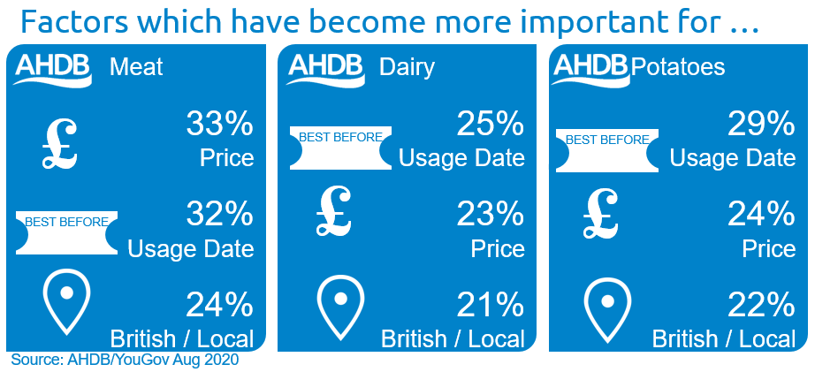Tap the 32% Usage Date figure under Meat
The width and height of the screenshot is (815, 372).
(219, 215)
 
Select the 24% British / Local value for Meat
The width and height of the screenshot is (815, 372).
(219, 305)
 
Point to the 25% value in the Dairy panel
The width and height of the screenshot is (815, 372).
(490, 125)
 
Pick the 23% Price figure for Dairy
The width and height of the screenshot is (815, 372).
(490, 215)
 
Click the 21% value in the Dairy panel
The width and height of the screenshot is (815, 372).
(490, 305)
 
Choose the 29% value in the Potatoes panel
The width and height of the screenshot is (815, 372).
(761, 125)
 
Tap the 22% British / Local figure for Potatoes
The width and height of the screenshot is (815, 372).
(761, 305)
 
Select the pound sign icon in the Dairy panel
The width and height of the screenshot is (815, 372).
(333, 211)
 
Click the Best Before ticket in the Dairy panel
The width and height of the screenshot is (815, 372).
(340, 148)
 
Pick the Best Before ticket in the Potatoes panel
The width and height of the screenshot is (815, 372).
(607, 150)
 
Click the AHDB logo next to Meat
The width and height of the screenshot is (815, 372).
(52, 69)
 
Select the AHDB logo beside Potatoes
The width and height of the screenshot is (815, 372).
(590, 69)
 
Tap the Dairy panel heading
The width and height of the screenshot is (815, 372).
(407, 68)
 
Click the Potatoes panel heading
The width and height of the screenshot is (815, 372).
(678, 67)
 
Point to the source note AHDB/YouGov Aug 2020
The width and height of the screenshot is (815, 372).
(125, 360)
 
